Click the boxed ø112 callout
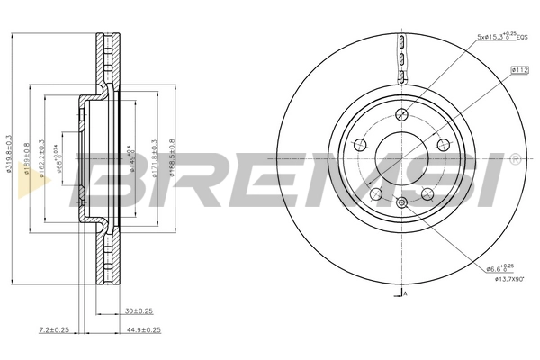point(519,68)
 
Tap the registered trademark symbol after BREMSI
point(514,159)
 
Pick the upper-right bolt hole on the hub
point(441,145)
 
